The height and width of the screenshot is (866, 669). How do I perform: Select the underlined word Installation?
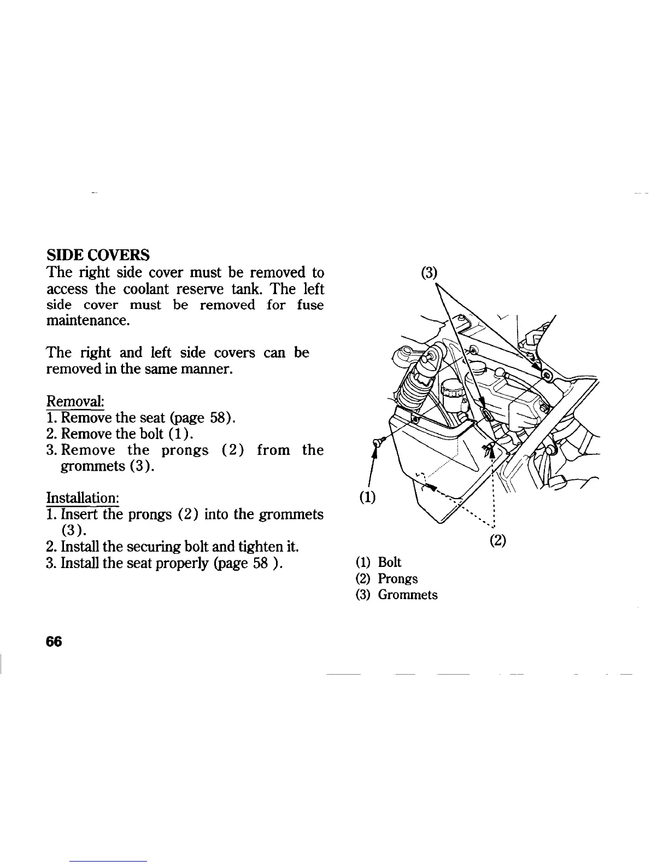[x=83, y=498]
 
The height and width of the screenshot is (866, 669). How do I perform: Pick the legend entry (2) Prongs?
[x=386, y=578]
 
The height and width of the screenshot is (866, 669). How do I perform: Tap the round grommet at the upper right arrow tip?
[x=545, y=375]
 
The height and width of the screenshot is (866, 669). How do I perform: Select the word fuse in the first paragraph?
[x=310, y=305]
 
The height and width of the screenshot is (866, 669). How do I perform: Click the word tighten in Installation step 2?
[x=250, y=546]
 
